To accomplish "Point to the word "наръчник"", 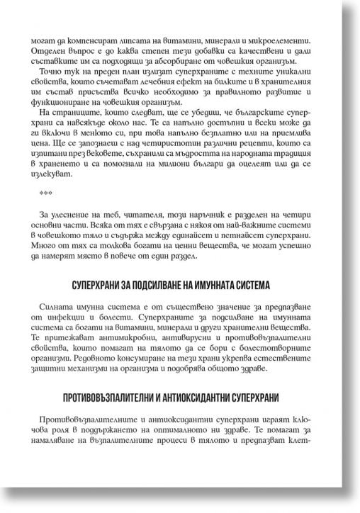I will [x=223, y=216].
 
